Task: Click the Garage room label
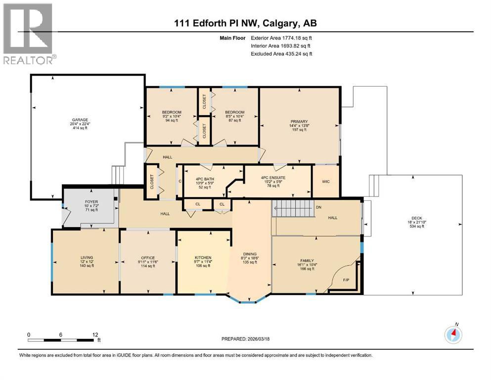[x=81, y=120]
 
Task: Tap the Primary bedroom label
[x=299, y=122]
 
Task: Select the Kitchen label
[x=203, y=258]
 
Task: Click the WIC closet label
[x=325, y=182]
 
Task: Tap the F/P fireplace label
[x=346, y=280]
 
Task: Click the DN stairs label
[x=318, y=207]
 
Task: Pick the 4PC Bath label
[x=202, y=177]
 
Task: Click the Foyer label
[x=91, y=202]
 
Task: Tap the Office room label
[x=148, y=258]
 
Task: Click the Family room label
[x=307, y=261]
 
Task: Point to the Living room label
[x=87, y=257]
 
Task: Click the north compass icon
[x=453, y=334]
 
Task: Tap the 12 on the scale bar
[x=95, y=335]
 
